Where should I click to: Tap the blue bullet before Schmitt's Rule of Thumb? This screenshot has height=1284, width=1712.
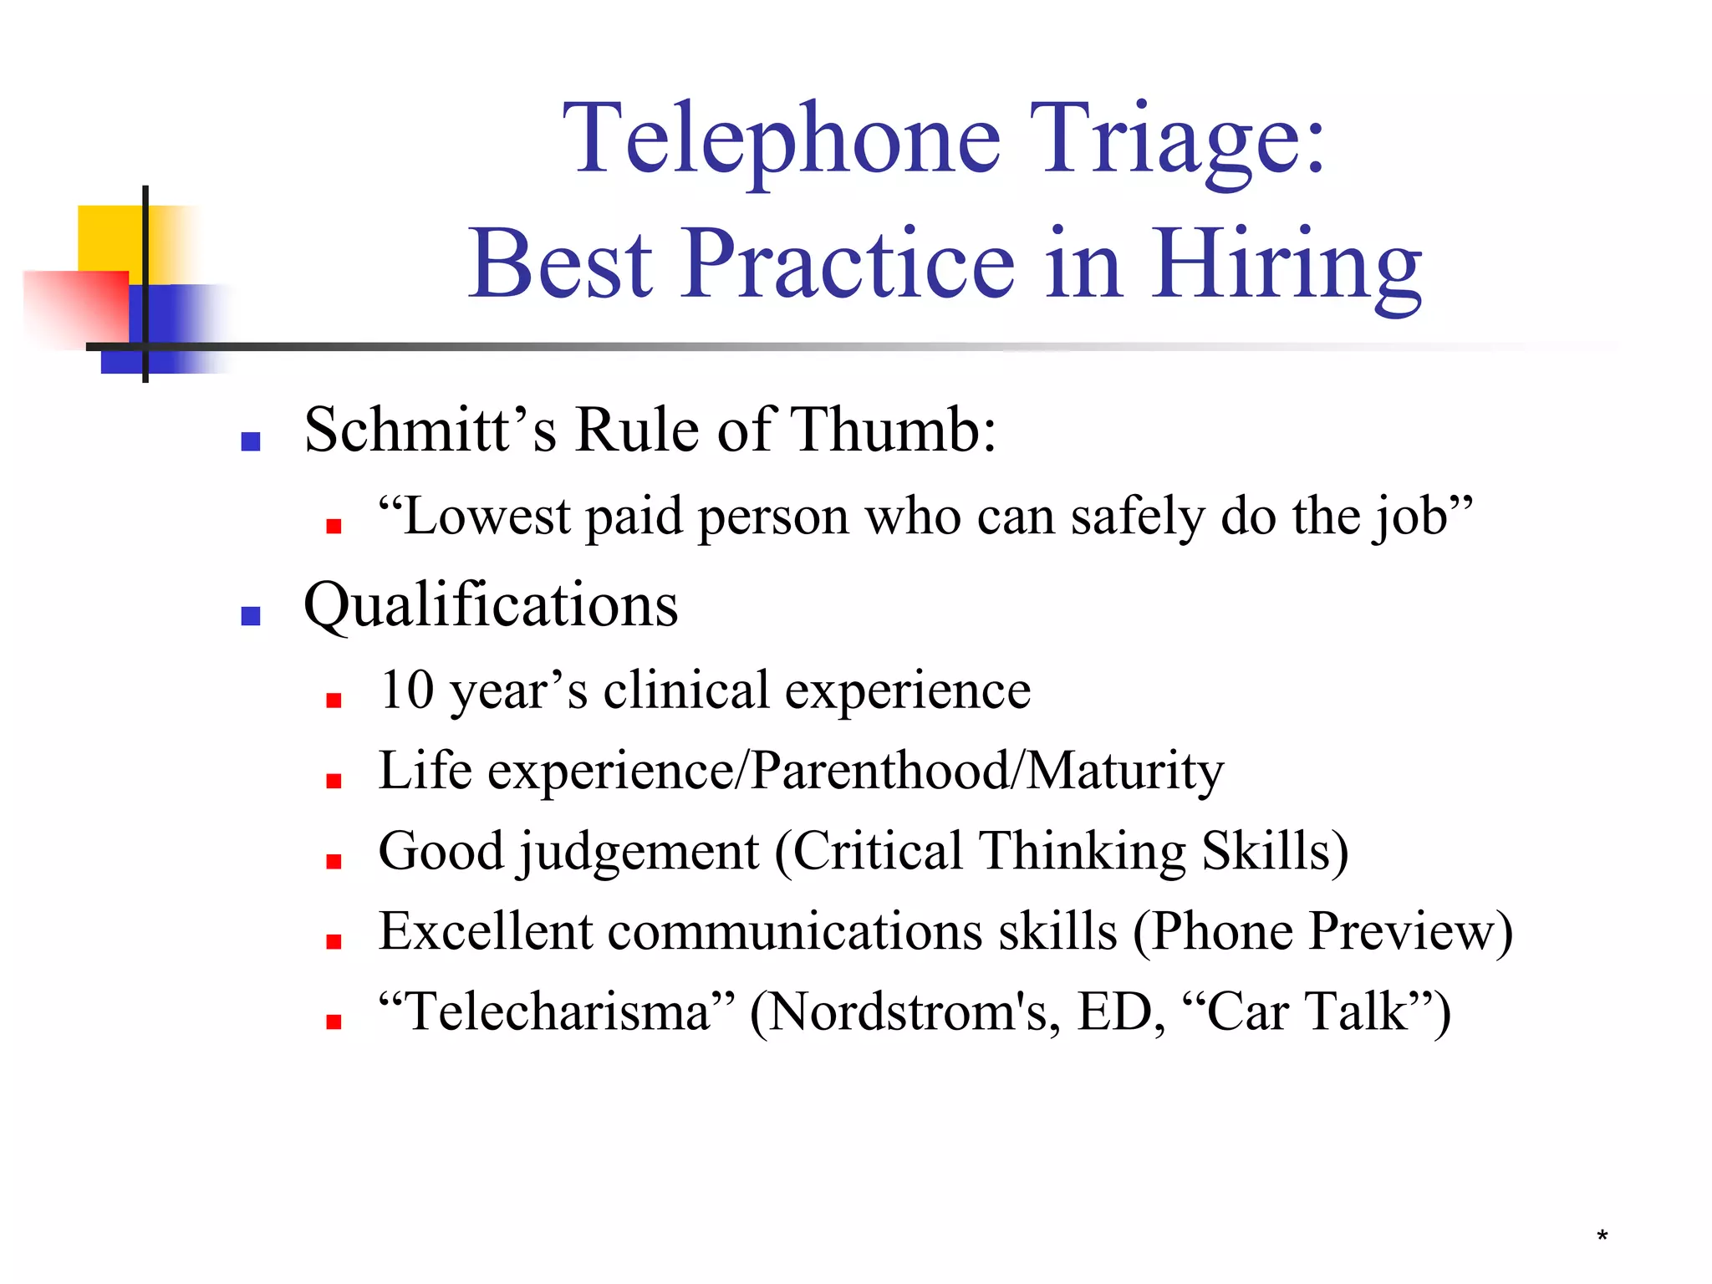pyautogui.click(x=250, y=441)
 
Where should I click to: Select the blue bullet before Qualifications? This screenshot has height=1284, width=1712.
pyautogui.click(x=250, y=616)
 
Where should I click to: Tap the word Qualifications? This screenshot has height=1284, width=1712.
pyautogui.click(x=491, y=605)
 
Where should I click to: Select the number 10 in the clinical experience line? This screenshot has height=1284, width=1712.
pyautogui.click(x=406, y=690)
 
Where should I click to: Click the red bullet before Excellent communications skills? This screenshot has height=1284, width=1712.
pyautogui.click(x=334, y=942)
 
